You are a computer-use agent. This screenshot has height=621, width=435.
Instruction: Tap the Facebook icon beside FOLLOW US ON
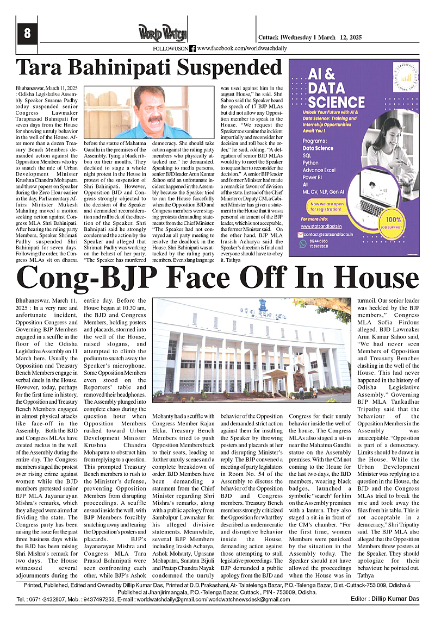[x=192, y=49]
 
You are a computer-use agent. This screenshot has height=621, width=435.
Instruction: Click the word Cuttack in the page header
[x=268, y=37]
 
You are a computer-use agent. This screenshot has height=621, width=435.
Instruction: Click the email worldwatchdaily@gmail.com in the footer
[x=167, y=599]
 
